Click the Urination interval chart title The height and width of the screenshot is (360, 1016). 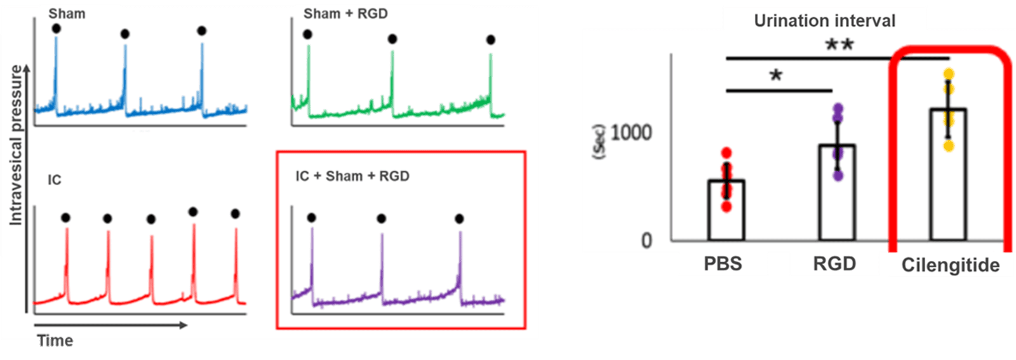click(x=824, y=21)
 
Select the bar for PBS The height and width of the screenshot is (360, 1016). click(x=726, y=210)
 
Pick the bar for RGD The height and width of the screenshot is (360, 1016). click(x=837, y=193)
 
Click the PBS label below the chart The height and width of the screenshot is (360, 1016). click(x=723, y=263)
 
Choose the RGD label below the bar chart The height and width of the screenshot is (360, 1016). click(x=834, y=263)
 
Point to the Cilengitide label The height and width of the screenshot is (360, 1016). click(x=951, y=265)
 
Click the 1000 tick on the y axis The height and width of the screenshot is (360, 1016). click(x=631, y=133)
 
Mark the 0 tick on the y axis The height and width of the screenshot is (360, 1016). click(x=646, y=240)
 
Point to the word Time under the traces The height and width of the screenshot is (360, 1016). click(x=55, y=341)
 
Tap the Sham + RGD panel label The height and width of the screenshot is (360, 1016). click(x=345, y=14)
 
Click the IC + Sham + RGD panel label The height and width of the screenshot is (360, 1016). click(x=352, y=176)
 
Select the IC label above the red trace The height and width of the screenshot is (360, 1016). click(x=55, y=180)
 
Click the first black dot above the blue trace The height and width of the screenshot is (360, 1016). click(x=57, y=29)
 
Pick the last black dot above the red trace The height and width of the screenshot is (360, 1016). click(x=236, y=214)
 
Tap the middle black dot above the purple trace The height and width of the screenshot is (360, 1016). click(x=381, y=219)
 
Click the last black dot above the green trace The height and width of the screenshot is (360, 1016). click(x=490, y=40)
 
